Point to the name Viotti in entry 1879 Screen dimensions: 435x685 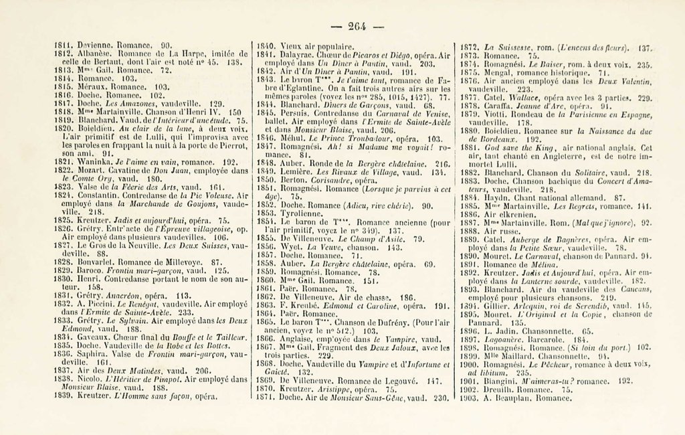click(492, 114)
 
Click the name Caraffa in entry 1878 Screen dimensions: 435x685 click(495, 106)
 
